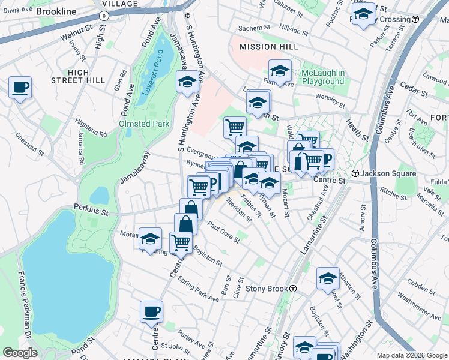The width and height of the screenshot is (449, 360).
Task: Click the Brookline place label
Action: [x=56, y=11]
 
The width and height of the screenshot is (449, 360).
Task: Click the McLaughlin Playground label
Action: [x=323, y=77]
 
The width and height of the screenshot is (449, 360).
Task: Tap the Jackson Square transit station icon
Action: [x=355, y=173]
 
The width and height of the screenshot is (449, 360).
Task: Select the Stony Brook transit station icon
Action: [x=292, y=288]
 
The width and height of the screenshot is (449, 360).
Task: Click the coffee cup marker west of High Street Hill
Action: [x=20, y=88]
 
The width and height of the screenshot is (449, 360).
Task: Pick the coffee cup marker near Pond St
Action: [x=151, y=311]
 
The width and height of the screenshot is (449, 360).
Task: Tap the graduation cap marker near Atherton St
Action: [x=328, y=278]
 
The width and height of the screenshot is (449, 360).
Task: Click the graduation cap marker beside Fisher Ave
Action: [x=280, y=71]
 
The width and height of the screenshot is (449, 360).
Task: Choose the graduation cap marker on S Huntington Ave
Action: [x=187, y=82]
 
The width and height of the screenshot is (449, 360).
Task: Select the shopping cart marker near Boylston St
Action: [x=181, y=242]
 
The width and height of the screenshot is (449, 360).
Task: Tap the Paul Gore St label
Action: [x=223, y=232]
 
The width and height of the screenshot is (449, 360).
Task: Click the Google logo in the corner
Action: [x=19, y=353]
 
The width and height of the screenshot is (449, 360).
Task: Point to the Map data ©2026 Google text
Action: [x=411, y=355]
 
